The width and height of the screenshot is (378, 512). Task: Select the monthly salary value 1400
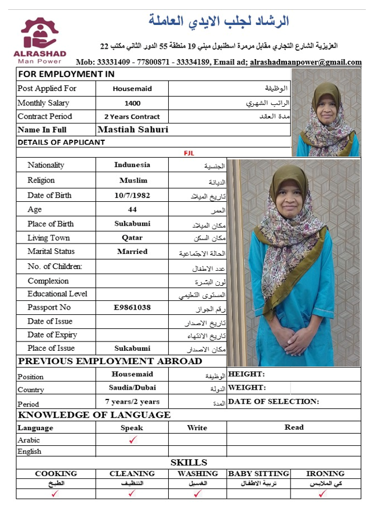132,103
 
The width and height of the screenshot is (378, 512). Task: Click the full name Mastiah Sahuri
133,130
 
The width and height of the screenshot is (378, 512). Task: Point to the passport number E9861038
132,307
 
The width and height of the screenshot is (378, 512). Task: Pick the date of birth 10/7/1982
132,195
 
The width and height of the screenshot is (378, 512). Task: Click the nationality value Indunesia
132,165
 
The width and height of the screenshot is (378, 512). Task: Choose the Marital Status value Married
132,252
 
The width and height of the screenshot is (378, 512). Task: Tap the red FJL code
189,153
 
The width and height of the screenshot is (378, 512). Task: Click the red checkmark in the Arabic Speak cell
132,440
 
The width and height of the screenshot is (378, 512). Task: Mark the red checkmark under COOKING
56,493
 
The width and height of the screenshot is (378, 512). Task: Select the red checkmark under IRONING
323,493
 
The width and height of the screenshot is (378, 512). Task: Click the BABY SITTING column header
259,474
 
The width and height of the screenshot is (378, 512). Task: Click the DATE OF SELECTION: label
273,401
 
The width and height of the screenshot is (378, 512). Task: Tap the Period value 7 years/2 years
132,401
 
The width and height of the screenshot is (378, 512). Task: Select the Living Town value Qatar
132,238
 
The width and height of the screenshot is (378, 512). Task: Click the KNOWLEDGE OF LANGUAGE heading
94,415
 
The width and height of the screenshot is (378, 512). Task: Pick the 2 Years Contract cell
132,117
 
